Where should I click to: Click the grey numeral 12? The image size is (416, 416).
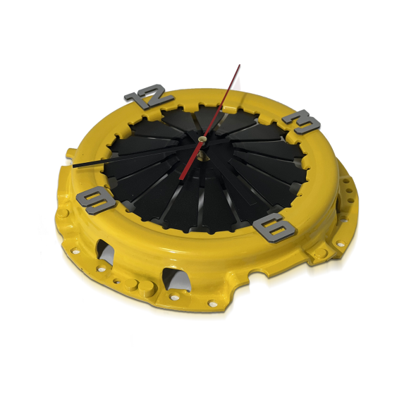(149, 95)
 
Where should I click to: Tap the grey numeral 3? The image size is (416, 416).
(301, 121)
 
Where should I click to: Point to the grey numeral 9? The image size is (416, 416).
(96, 200)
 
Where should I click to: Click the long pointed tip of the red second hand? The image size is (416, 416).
(240, 64)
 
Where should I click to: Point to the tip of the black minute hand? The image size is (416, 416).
(74, 166)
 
